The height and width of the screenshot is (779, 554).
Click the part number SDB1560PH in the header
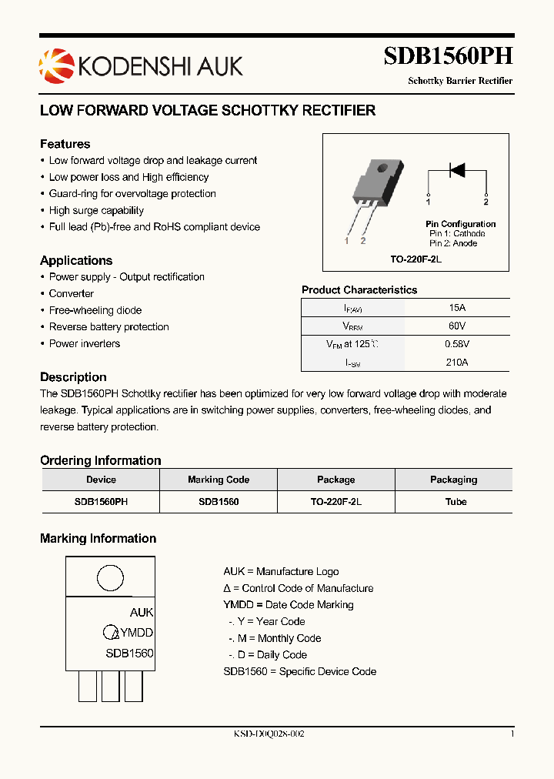[448, 57]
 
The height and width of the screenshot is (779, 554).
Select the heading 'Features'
[65, 144]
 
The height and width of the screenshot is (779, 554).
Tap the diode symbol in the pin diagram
[457, 170]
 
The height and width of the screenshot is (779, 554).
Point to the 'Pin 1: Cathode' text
[457, 233]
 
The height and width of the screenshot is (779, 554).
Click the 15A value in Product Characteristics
[457, 307]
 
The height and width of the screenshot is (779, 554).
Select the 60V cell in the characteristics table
[457, 326]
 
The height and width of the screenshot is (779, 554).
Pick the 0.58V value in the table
[457, 344]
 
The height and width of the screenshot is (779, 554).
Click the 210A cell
[457, 363]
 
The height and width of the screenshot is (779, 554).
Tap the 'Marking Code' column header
[219, 480]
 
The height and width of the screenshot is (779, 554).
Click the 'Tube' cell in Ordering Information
[454, 501]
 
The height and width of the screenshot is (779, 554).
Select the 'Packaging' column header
[454, 480]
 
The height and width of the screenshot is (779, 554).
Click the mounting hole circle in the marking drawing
[110, 577]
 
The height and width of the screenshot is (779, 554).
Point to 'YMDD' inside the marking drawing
[136, 633]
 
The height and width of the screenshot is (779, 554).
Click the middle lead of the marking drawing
[110, 685]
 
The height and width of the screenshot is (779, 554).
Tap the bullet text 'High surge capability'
[96, 210]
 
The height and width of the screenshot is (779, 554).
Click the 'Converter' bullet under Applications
[71, 293]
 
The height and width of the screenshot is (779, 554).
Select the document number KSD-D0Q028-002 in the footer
[269, 734]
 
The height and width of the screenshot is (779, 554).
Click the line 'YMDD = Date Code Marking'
[289, 605]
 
